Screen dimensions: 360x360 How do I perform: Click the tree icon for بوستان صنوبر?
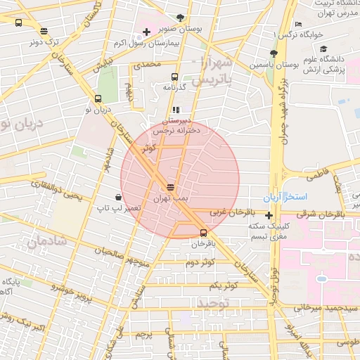point(181,18)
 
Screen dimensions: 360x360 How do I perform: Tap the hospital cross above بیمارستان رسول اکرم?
point(146,32)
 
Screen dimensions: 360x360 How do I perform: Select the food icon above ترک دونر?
point(45,31)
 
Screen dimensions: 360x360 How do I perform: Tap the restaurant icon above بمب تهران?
point(169,187)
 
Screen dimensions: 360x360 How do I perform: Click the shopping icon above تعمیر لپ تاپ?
point(117,197)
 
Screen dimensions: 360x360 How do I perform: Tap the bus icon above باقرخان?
point(203,233)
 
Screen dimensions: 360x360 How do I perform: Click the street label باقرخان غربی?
point(229,212)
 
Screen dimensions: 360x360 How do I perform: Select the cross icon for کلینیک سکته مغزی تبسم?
point(269,215)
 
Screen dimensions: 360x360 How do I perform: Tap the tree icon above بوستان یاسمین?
point(274,53)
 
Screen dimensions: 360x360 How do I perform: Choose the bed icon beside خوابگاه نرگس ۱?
point(298,24)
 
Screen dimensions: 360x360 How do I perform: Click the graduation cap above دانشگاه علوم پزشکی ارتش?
point(323,49)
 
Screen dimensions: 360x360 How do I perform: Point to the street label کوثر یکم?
point(224,285)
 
